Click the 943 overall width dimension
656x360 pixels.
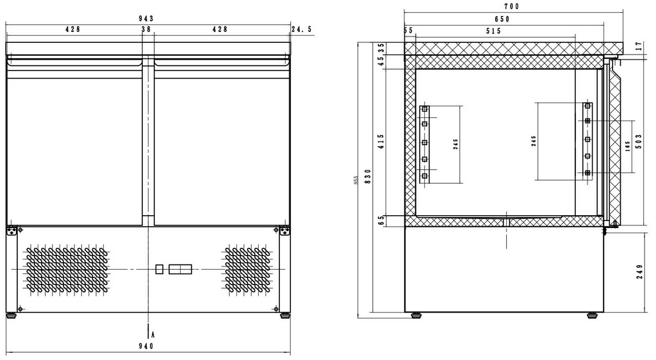[146, 19]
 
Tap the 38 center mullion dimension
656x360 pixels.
[146, 29]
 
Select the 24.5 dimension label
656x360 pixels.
[302, 29]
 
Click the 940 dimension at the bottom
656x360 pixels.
[146, 346]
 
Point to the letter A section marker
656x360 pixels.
[153, 334]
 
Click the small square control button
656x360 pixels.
[160, 269]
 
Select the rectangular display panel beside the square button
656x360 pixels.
[180, 269]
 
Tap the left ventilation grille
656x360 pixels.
[67, 269]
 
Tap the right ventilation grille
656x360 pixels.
[247, 269]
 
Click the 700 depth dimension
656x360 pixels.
[511, 6]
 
